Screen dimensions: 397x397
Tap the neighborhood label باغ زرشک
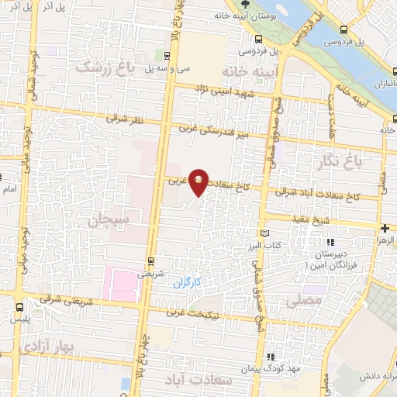point(105,69)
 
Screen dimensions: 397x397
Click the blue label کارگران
point(188,281)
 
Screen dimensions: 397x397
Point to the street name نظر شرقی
point(124,119)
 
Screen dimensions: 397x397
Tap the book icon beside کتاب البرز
point(267,233)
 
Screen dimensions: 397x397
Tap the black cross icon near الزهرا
point(385,228)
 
